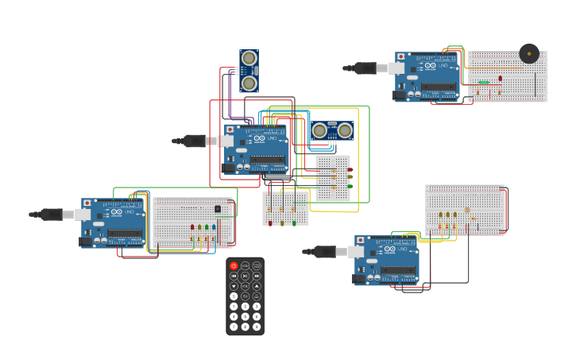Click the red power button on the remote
(x=234, y=265)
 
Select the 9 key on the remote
(x=257, y=327)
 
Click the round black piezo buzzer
(x=529, y=53)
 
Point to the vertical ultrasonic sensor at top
(x=249, y=71)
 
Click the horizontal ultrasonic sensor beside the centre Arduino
(x=332, y=131)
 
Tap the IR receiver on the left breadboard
(x=218, y=209)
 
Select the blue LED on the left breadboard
(x=214, y=227)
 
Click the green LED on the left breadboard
(x=207, y=227)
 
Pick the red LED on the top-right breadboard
(x=500, y=78)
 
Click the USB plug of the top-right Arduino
(x=365, y=68)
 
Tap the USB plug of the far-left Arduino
(x=51, y=215)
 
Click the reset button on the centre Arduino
(x=230, y=130)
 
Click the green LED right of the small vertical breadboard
(x=350, y=186)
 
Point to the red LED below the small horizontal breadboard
(x=270, y=223)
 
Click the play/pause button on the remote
(x=245, y=276)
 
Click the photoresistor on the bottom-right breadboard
(x=467, y=211)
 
